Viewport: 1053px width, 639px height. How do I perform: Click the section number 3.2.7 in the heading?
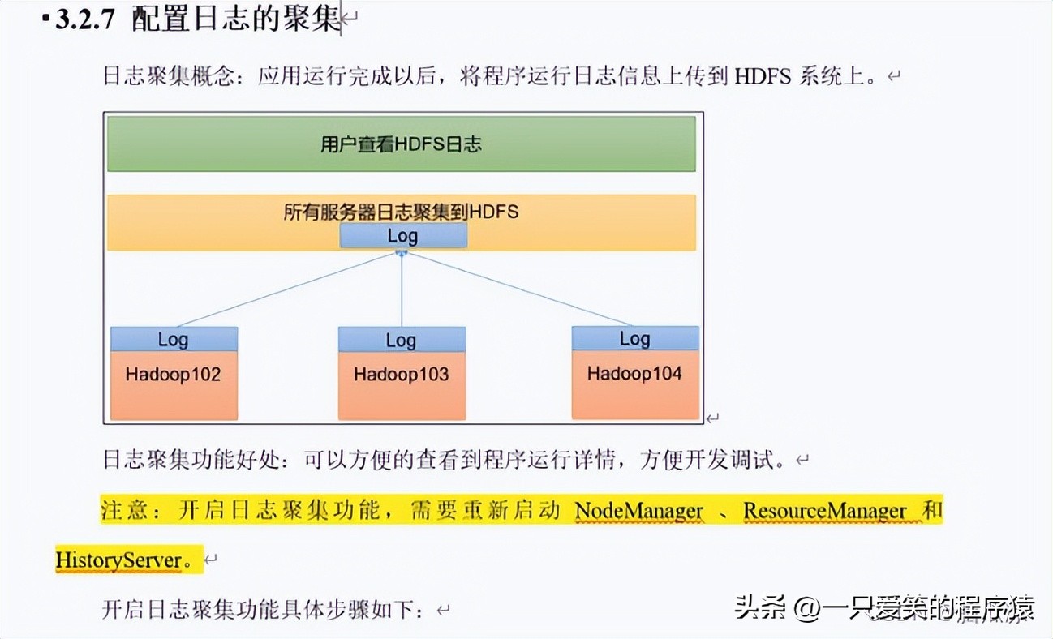point(86,21)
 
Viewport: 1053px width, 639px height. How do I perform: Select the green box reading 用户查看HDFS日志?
point(401,144)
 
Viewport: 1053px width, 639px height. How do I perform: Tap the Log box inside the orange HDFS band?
point(402,236)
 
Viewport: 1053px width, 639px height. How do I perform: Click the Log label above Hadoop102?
point(173,339)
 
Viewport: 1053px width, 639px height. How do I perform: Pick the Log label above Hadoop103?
point(401,339)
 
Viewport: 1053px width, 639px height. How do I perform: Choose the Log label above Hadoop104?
point(634,338)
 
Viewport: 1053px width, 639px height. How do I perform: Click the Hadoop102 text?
point(173,375)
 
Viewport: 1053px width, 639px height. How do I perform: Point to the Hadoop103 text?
point(401,375)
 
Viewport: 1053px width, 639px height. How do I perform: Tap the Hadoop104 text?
point(634,374)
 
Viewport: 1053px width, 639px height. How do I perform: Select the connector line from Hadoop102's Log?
point(284,290)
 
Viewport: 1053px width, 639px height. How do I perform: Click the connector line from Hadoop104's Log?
point(519,290)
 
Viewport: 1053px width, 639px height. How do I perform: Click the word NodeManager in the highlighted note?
point(639,512)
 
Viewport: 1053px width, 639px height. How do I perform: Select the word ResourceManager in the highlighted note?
point(824,512)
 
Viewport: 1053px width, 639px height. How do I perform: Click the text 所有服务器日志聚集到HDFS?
point(401,212)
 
